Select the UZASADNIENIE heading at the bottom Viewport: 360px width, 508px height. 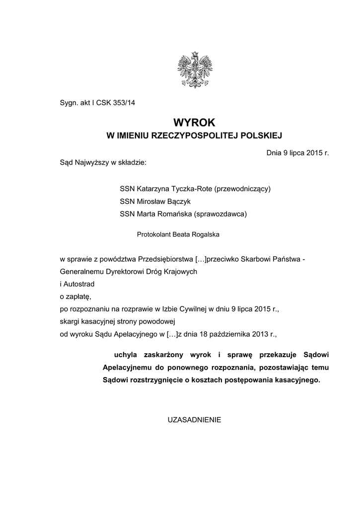click(x=195, y=419)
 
